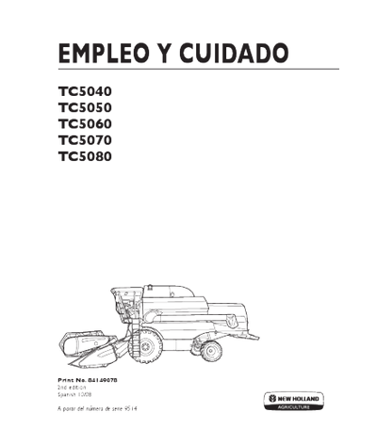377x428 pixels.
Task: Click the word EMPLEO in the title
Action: [x=101, y=55]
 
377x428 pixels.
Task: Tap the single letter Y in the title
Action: [x=165, y=55]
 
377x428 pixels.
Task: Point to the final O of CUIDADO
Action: [x=282, y=55]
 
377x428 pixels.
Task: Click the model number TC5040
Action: [x=86, y=91]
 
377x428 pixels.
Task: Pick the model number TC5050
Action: [x=86, y=108]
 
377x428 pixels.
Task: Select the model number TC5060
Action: [x=86, y=124]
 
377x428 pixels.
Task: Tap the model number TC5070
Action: [x=86, y=141]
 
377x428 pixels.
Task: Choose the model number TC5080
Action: [x=86, y=157]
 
